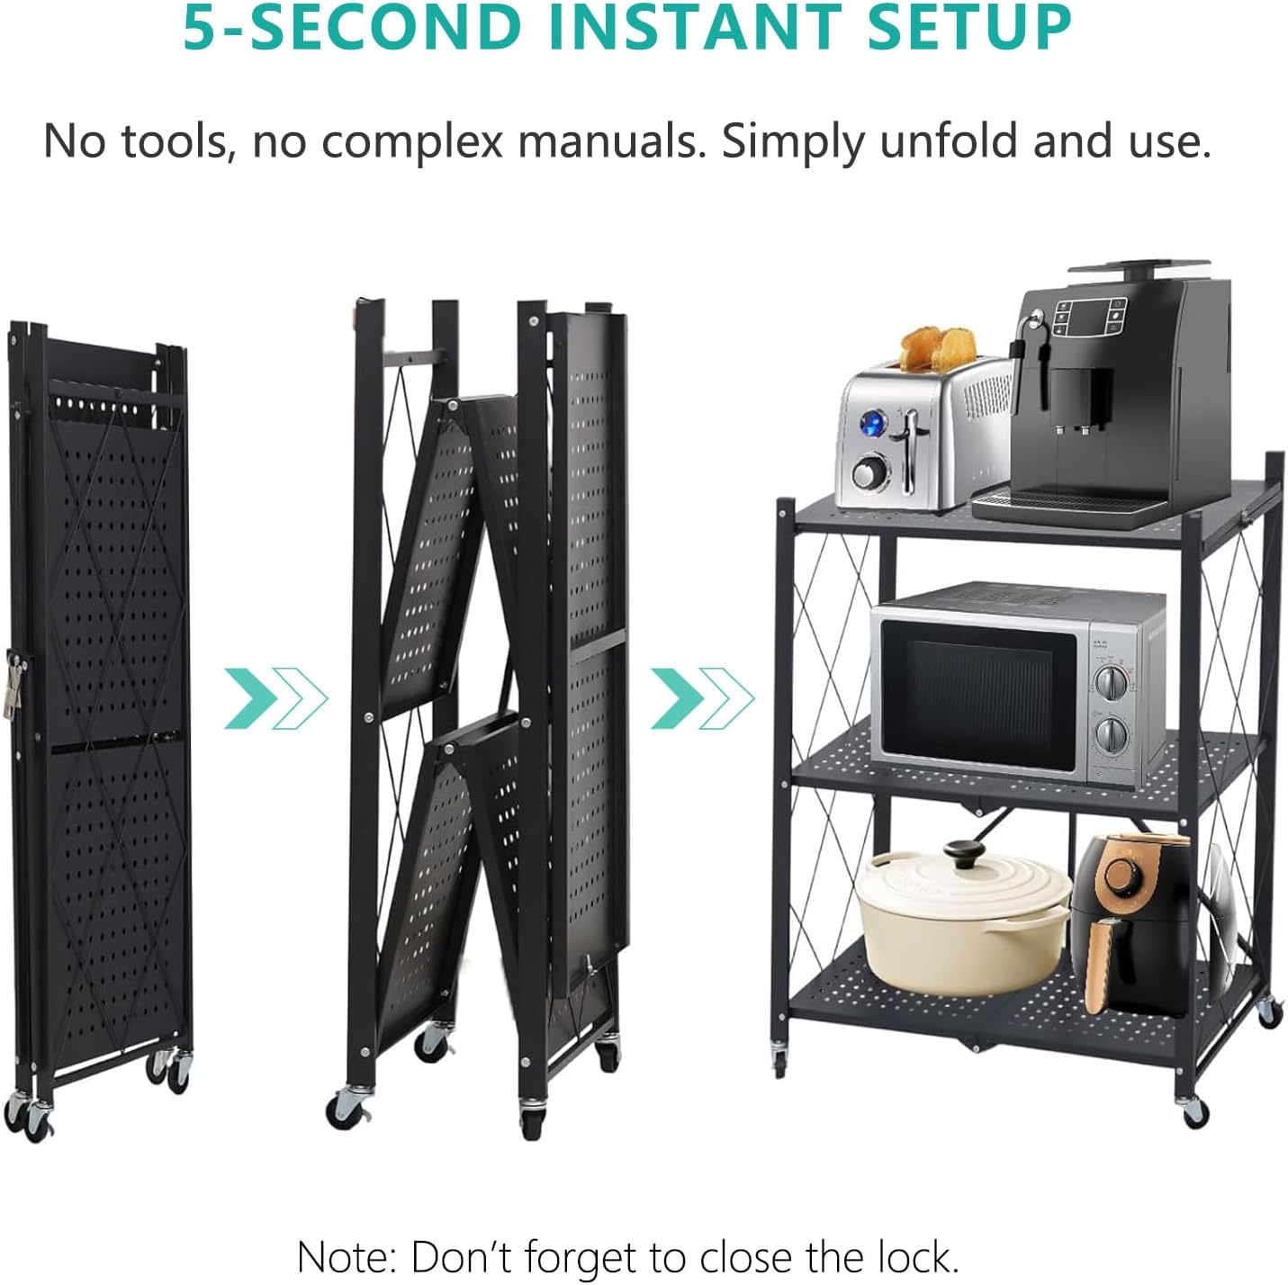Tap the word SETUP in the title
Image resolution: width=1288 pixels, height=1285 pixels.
(x=969, y=27)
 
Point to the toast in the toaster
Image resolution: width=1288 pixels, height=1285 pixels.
(x=937, y=347)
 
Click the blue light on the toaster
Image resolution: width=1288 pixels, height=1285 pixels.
(x=873, y=423)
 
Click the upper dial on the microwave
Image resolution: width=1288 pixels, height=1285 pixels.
(x=1111, y=683)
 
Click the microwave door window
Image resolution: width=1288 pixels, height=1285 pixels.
(x=980, y=696)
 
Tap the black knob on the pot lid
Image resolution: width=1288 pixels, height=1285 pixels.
(x=963, y=852)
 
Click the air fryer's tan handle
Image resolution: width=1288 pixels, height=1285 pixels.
(x=1105, y=963)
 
